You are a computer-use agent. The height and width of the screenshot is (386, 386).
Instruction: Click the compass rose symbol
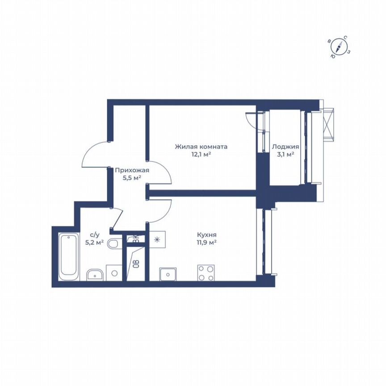tap(340, 47)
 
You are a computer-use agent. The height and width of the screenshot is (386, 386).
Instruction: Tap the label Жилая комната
tap(201, 147)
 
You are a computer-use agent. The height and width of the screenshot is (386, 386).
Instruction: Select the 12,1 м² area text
tap(201, 155)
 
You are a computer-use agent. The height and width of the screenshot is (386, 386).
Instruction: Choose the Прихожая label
tap(132, 170)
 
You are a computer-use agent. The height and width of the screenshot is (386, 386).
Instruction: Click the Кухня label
tap(207, 234)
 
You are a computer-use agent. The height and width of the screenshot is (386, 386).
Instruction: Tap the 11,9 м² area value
tap(207, 242)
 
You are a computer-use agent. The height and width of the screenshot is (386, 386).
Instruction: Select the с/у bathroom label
tap(95, 234)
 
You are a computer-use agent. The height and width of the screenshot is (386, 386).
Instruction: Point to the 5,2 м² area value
tap(95, 243)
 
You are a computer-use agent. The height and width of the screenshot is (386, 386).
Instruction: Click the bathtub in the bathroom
tap(69, 255)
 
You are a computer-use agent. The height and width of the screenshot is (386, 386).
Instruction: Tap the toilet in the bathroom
tap(114, 243)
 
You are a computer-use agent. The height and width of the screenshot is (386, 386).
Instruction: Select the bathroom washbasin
tap(95, 273)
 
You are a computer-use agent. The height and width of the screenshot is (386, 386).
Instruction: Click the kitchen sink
tap(168, 273)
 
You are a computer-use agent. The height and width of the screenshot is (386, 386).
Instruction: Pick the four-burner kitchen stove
tap(206, 273)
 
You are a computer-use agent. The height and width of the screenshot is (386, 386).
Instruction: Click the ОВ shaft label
tap(135, 263)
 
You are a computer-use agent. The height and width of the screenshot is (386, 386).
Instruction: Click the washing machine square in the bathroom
tap(114, 273)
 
